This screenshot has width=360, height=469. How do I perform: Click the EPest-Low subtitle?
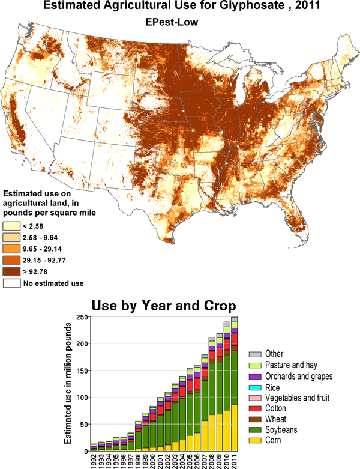coord(179,22)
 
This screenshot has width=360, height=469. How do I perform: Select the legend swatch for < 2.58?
coord(11,226)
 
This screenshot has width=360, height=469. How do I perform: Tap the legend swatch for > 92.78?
coord(11,271)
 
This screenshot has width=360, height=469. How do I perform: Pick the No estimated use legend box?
coord(11,283)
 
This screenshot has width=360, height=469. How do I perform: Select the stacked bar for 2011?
coord(235,384)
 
